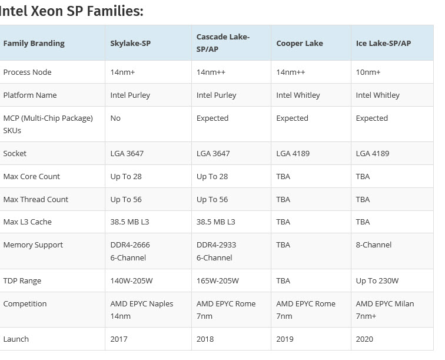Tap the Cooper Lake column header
click(299, 43)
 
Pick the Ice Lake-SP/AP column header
click(383, 43)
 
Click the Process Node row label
click(27, 72)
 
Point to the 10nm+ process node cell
click(368, 72)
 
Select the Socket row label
click(15, 153)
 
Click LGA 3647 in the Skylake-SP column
click(127, 153)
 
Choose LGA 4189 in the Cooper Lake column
click(293, 153)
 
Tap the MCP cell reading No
click(115, 118)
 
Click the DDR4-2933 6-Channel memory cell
click(217, 251)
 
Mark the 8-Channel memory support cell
click(373, 245)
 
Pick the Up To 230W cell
click(377, 280)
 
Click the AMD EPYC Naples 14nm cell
click(141, 310)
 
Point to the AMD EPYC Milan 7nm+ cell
click(384, 310)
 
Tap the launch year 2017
click(119, 339)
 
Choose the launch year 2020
click(364, 339)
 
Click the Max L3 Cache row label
click(27, 222)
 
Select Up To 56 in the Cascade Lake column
click(212, 199)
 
